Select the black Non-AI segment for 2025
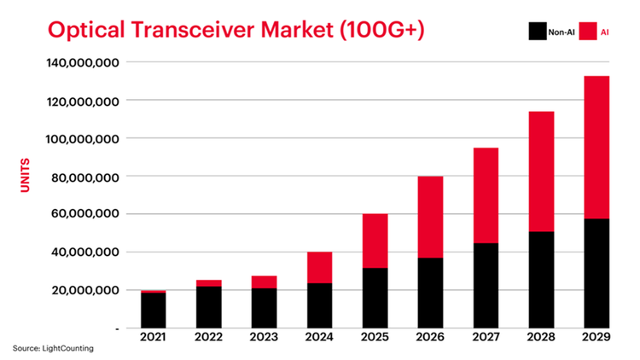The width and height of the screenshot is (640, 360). tap(375, 297)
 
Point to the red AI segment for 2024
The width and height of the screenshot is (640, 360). tap(320, 267)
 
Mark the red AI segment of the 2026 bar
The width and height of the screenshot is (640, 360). tap(428, 217)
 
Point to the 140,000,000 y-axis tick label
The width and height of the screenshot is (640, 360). tap(82, 63)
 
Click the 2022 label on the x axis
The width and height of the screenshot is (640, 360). tap(210, 340)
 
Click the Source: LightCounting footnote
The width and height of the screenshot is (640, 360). tap(52, 348)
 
